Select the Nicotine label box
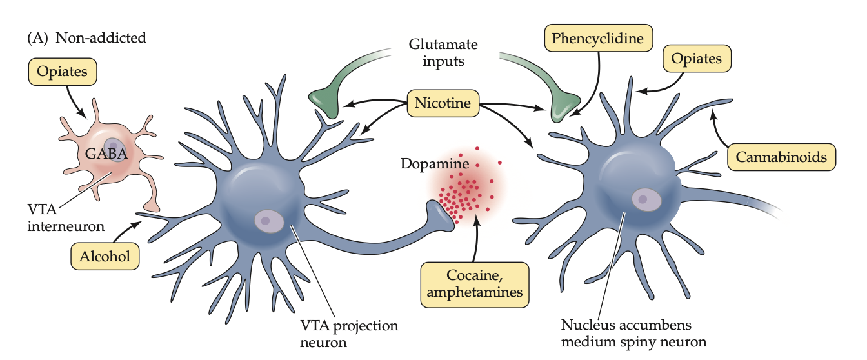coord(443,103)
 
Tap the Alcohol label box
coord(105,256)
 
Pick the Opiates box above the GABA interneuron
coord(62,72)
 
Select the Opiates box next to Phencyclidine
coord(697,59)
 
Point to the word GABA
coord(106,153)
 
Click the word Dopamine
coord(433,164)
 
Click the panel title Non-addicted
coord(101,37)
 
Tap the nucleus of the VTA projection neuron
coord(269,221)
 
